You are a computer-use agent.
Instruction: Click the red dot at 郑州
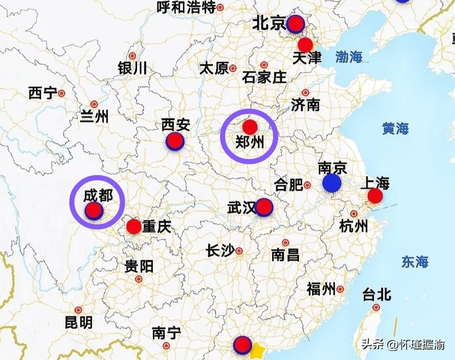(x=250, y=127)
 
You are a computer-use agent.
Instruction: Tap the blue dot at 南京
(x=331, y=183)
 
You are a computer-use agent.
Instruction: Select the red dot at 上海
(x=375, y=196)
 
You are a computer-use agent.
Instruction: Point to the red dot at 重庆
(x=134, y=226)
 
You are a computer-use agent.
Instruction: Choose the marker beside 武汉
(x=264, y=208)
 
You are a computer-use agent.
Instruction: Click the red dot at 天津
(x=305, y=45)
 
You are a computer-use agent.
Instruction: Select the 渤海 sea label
(x=349, y=57)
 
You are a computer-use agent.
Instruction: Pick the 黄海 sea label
(x=395, y=129)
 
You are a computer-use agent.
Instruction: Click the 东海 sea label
(x=415, y=262)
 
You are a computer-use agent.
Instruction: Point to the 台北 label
(x=377, y=294)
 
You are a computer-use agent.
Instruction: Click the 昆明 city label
(x=78, y=322)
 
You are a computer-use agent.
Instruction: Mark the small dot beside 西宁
(x=61, y=93)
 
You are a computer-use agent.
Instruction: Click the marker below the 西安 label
(x=175, y=142)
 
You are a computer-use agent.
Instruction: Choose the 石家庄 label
(x=264, y=76)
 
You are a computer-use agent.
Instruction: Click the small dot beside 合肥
(x=307, y=185)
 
